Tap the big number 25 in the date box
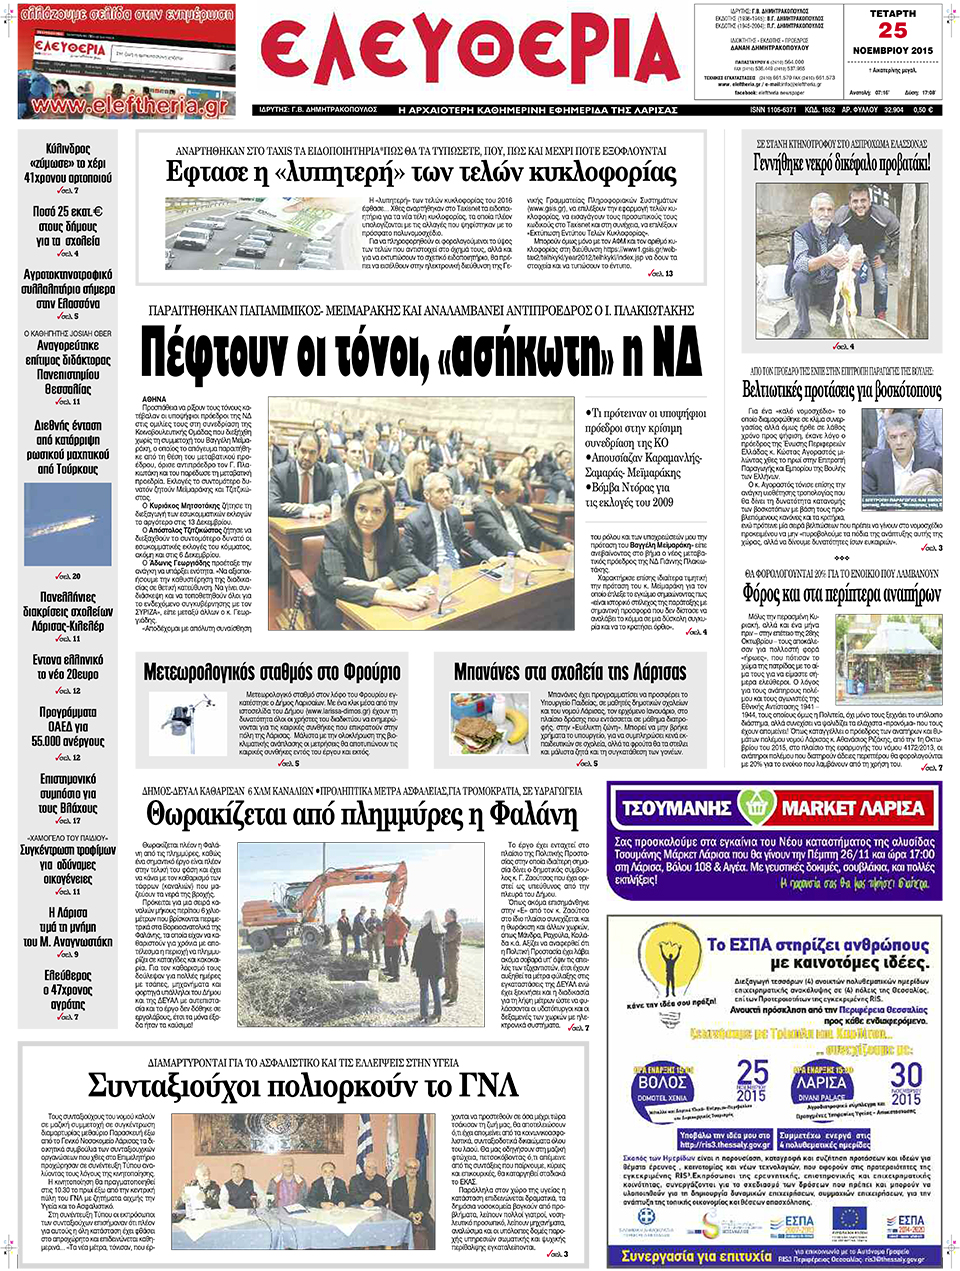point(892,31)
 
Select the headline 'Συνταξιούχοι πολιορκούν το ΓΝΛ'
point(302,1086)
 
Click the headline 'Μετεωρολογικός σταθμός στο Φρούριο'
point(272,672)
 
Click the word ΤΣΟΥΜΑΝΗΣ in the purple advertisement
point(677,808)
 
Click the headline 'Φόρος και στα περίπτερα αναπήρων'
point(841,594)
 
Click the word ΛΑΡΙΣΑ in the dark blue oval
point(822,1083)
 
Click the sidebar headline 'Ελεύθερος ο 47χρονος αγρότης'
point(68,989)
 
